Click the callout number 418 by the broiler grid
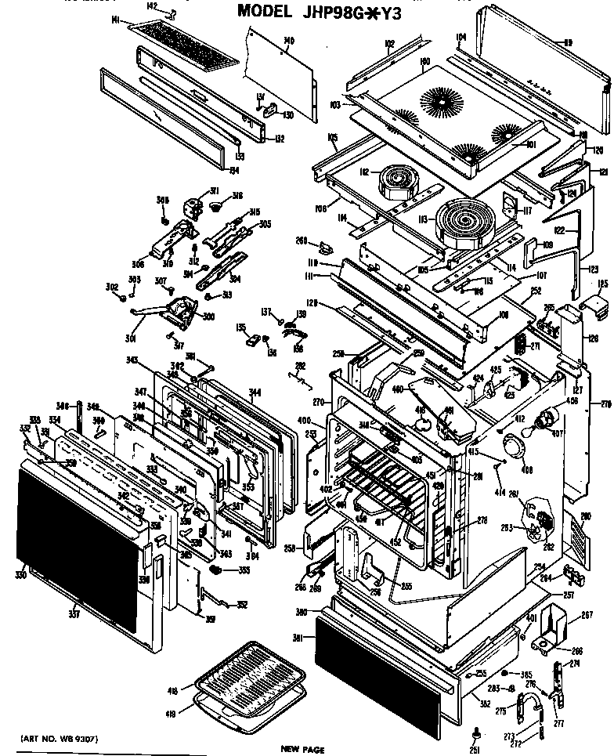[172, 689]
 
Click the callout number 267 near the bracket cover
[582, 614]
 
